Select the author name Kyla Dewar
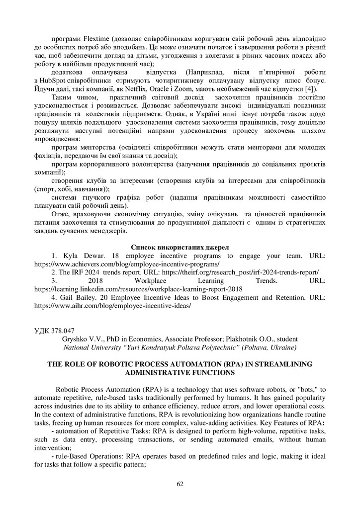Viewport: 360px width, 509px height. point(82,256)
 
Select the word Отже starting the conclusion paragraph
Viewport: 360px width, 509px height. point(61,214)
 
